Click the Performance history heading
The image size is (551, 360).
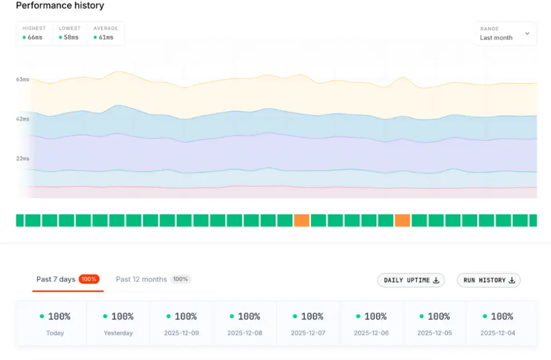[60, 6]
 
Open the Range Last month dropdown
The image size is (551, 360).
[504, 34]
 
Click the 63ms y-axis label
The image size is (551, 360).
[23, 80]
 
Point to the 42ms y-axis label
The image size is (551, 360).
[23, 119]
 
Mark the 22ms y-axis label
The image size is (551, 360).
[23, 159]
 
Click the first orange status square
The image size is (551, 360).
[301, 220]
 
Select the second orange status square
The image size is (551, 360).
[402, 220]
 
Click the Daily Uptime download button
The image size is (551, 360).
[411, 280]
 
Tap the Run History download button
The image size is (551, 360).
[489, 280]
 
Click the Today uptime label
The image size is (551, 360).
[55, 333]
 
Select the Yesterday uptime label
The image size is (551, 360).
[118, 333]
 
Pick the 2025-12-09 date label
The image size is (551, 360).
[181, 333]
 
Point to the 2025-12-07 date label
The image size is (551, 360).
[308, 333]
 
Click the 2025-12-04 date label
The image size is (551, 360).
[498, 333]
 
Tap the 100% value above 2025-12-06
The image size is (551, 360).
[375, 316]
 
